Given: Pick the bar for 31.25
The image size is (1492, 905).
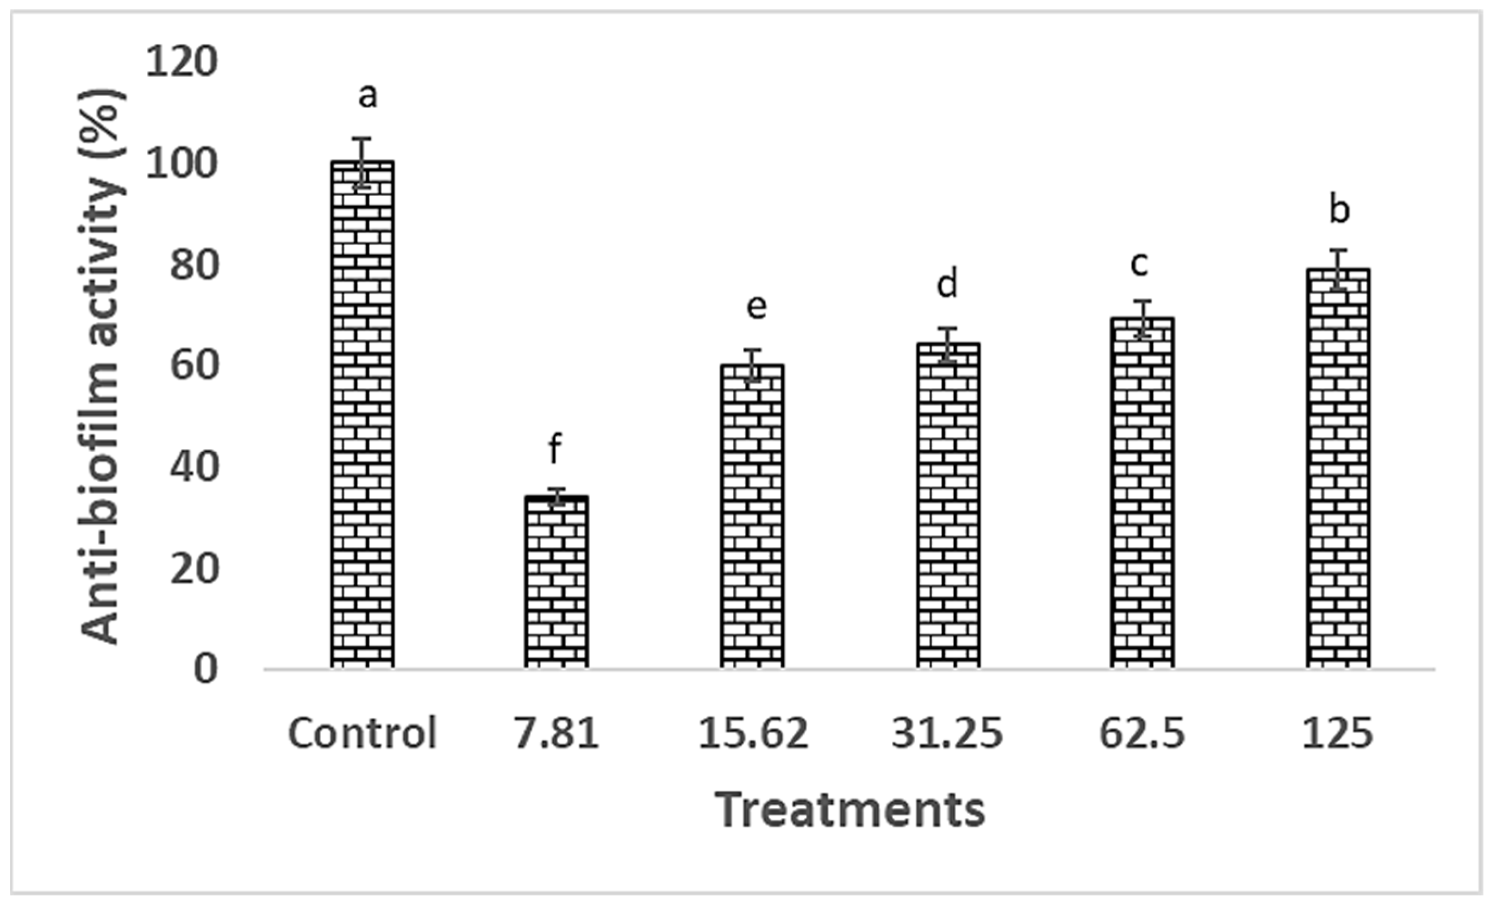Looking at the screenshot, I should click(x=948, y=505).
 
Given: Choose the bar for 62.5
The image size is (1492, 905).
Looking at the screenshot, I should click(x=1142, y=493).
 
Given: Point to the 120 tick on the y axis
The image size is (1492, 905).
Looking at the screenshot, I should click(x=181, y=63).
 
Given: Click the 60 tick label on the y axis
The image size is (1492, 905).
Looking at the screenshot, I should click(x=193, y=366).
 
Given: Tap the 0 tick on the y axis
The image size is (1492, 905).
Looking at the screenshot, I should click(x=206, y=670).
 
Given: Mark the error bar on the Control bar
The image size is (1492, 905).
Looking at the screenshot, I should click(x=362, y=162).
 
